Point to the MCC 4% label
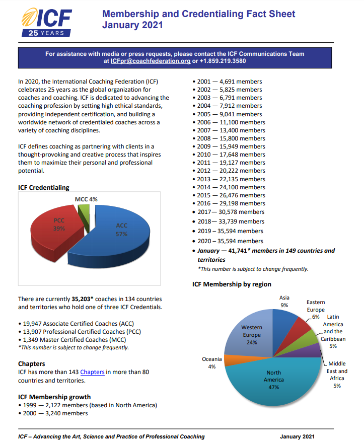[x=86, y=199]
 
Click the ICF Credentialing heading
[x=43, y=188]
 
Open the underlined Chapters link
[x=92, y=372]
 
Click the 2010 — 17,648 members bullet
[x=229, y=155]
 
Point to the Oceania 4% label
[x=211, y=362]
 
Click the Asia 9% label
[x=284, y=301]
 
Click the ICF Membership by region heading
[x=232, y=284]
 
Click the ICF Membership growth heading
[x=54, y=397]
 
